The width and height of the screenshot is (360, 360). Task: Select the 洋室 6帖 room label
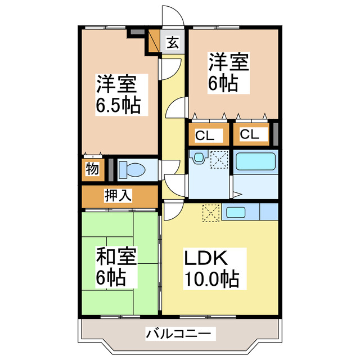coord(229,73)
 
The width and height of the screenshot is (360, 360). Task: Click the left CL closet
coord(205,135)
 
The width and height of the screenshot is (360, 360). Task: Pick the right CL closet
coord(249,135)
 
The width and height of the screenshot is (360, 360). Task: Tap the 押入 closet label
coord(118,196)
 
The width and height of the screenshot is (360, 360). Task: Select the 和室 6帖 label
coord(116,266)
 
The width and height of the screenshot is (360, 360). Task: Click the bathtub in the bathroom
coord(255,161)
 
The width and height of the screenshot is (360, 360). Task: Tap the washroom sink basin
coord(198,159)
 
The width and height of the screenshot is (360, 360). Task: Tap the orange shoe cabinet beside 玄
coord(154,40)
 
